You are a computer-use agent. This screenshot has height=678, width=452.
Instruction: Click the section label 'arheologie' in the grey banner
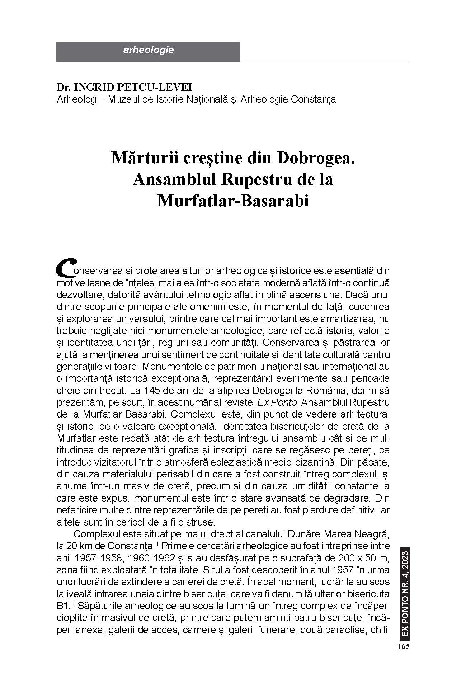coord(148,50)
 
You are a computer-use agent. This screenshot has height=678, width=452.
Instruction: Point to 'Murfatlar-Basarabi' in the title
coord(233,201)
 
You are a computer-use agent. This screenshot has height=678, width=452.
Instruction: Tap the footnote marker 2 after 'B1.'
coord(72,604)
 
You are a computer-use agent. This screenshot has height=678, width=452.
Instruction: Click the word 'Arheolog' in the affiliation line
coord(76,99)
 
